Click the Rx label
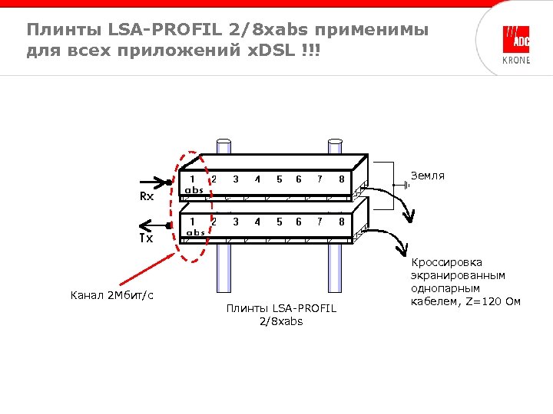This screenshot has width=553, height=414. pos(146,196)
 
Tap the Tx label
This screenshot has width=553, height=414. pos(146,238)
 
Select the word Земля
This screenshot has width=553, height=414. pos(428,176)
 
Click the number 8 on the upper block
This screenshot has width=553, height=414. pos(340,179)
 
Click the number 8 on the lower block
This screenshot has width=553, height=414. pos(340,222)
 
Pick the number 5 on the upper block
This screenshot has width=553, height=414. pos(279,179)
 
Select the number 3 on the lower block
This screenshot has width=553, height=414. pos(235,222)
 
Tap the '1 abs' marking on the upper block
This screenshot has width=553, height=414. pos(193,183)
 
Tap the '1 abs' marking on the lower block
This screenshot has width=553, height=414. pos(195,226)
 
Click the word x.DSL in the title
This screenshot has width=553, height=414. pos(273,52)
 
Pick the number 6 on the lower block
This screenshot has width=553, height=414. pos(298,222)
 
